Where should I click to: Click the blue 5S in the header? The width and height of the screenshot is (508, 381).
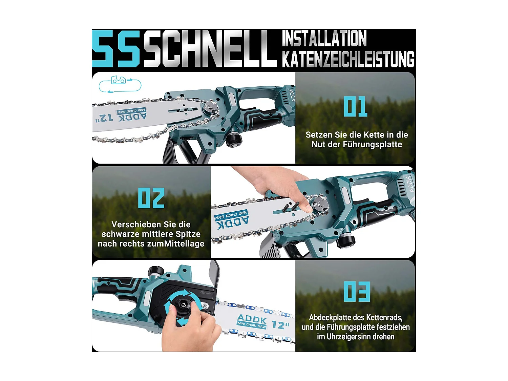point(116,48)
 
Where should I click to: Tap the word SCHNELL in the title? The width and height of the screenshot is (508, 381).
point(210,48)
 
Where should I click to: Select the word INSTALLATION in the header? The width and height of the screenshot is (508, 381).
point(324,38)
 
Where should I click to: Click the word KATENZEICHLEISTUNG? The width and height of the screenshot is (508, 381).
point(348,59)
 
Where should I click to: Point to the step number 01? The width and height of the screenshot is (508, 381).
point(355,106)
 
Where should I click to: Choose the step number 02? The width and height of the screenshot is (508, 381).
point(151,198)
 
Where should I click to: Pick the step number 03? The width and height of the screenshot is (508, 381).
point(357,292)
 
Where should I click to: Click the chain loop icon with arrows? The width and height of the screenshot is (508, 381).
point(120,84)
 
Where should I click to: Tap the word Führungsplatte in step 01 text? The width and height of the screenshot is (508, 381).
point(372,145)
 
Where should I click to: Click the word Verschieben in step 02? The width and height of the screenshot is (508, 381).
point(136,225)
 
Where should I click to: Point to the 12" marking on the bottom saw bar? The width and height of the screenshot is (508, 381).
point(280,325)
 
